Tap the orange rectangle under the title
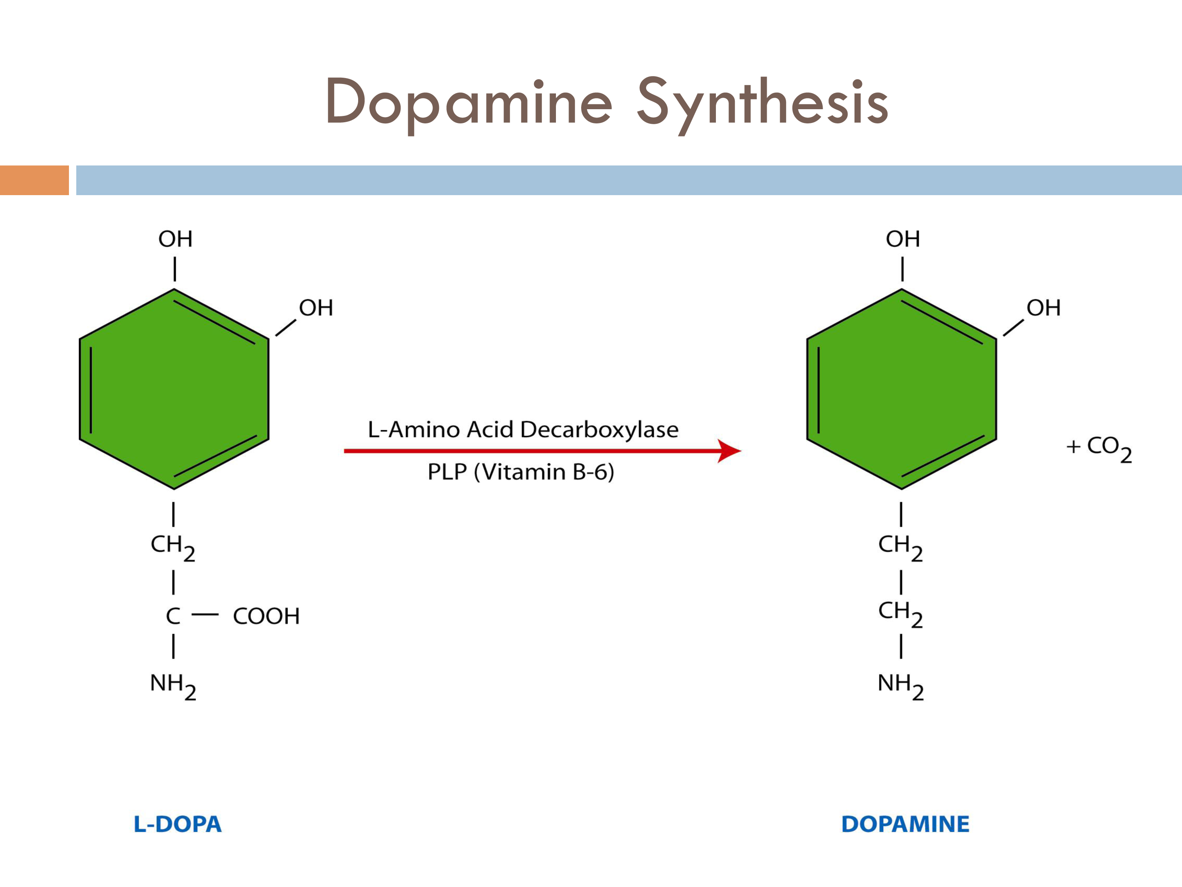coord(34,180)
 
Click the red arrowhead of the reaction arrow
coord(729,451)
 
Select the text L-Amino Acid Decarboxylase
coord(522,429)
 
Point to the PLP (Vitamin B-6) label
coord(520,471)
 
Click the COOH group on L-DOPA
coord(266,616)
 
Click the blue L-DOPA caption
coord(177,824)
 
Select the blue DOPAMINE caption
coord(905,824)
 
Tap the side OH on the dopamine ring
coord(1043,308)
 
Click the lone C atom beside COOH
coord(173,616)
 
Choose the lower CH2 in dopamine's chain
coord(900,612)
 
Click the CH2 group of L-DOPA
coord(173,546)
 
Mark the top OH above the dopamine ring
coord(903,239)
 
